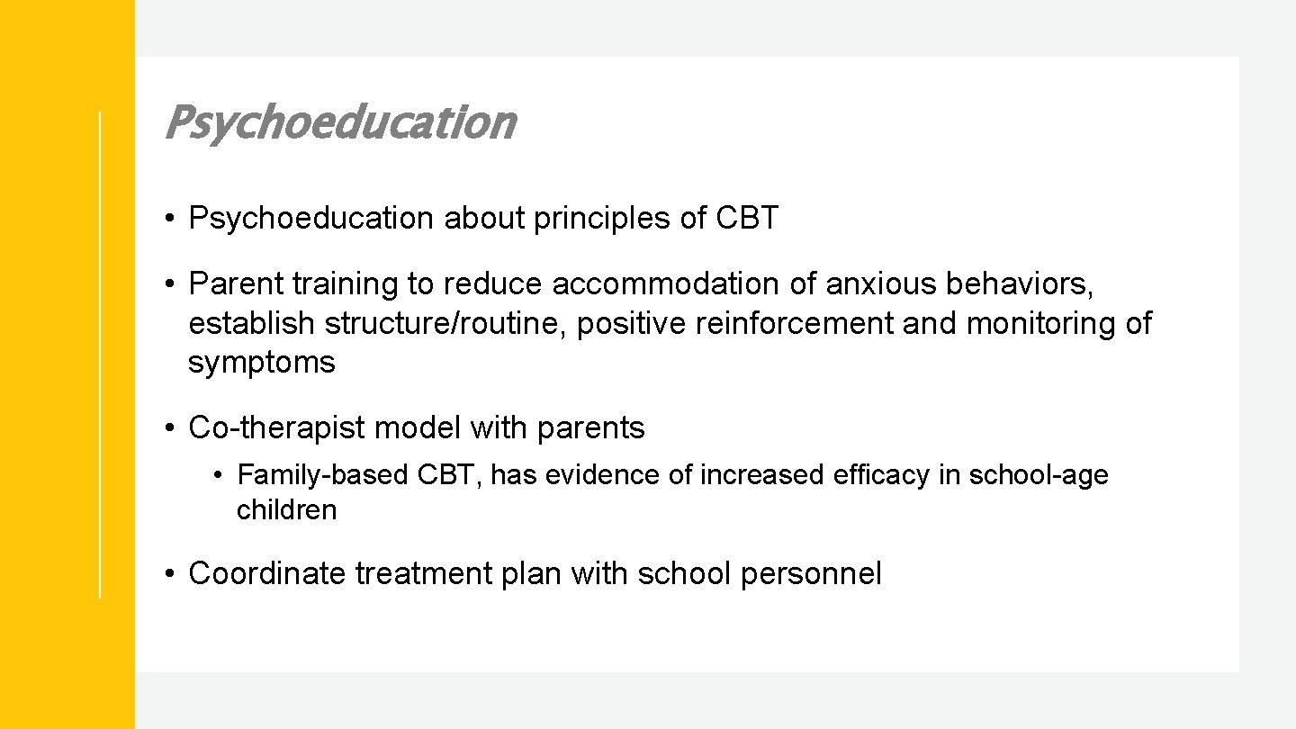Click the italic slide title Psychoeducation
[339, 122]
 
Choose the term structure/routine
[445, 323]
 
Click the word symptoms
[261, 363]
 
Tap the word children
[286, 510]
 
